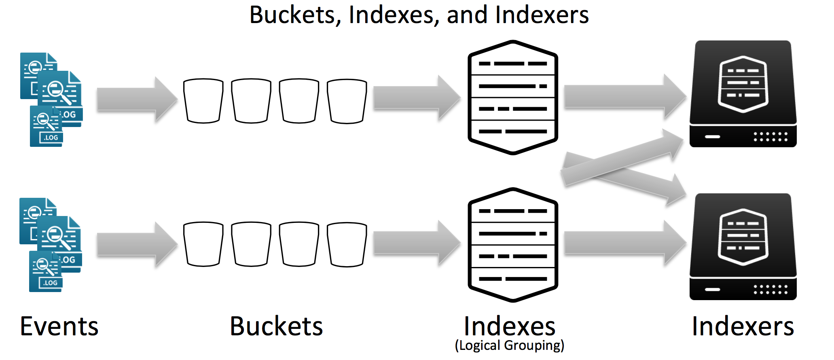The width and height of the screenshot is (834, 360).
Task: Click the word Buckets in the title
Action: (x=291, y=15)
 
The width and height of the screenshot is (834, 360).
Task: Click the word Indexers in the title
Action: (x=542, y=15)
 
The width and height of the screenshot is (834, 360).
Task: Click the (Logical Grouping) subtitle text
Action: (x=509, y=345)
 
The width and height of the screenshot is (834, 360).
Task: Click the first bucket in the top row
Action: (x=203, y=101)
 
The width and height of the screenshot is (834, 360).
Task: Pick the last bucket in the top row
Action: (x=347, y=101)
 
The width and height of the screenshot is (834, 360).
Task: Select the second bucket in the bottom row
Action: (x=251, y=244)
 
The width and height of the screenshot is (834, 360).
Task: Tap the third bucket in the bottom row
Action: (x=299, y=244)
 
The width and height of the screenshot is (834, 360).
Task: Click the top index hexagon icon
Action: (x=513, y=97)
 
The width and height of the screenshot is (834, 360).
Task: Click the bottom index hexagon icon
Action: (x=513, y=244)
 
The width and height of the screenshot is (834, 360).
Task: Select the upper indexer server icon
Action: (x=743, y=94)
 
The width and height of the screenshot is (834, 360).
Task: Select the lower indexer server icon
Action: (x=743, y=247)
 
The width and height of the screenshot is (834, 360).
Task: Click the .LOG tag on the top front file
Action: (x=51, y=138)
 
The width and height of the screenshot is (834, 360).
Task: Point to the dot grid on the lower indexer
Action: (x=770, y=289)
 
